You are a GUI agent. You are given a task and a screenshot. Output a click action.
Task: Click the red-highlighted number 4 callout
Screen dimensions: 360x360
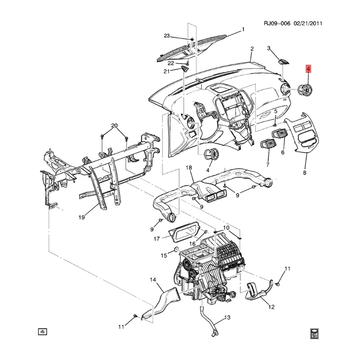pyautogui.click(x=308, y=69)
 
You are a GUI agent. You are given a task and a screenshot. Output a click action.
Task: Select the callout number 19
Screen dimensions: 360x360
pyautogui.click(x=81, y=218)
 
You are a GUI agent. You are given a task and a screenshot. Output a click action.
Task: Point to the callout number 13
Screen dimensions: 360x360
pyautogui.click(x=227, y=318)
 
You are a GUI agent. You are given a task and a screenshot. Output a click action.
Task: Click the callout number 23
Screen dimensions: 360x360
pyautogui.click(x=166, y=36)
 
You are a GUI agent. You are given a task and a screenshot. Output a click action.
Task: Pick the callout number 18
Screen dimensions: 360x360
pyautogui.click(x=189, y=168)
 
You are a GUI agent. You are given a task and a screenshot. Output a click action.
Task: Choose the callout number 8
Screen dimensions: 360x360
pyautogui.click(x=305, y=173)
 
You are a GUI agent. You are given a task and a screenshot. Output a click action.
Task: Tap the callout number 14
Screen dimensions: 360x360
pyautogui.click(x=153, y=280)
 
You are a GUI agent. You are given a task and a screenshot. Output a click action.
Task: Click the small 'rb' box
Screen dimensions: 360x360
pyautogui.click(x=43, y=332)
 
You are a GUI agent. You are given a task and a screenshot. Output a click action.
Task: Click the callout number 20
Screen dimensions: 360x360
pyautogui.click(x=114, y=125)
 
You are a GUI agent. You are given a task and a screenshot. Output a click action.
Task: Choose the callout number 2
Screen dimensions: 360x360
pyautogui.click(x=252, y=49)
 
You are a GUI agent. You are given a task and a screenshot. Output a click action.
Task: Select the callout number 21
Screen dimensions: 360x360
pyautogui.click(x=166, y=71)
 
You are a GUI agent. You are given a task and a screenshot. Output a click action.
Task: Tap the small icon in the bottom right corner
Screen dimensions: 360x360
pyautogui.click(x=315, y=333)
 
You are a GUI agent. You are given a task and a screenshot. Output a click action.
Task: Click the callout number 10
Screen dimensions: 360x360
pyautogui.click(x=226, y=228)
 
